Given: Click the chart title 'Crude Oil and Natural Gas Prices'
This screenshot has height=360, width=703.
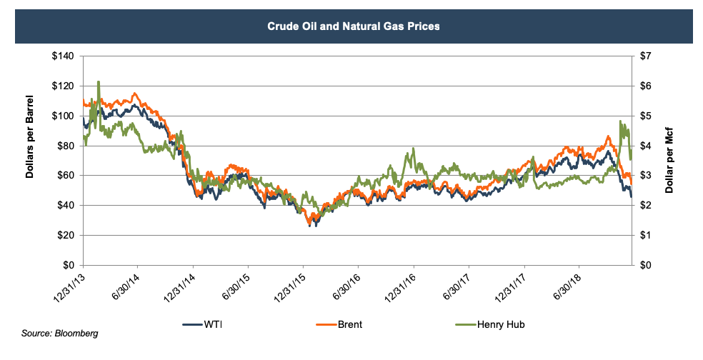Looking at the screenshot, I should click(351, 26).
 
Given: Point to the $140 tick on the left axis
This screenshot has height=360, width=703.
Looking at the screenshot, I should click(65, 56).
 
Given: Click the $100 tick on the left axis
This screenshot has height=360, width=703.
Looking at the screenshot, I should click(65, 116).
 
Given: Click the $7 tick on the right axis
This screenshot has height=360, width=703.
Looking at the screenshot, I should click(647, 56).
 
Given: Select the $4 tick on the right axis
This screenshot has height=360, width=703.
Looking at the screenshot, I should click(647, 146).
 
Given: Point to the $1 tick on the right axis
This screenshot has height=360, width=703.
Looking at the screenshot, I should click(647, 235).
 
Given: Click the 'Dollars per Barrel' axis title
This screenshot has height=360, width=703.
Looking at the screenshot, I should click(32, 160).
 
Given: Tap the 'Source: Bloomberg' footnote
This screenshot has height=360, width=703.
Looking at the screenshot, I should click(59, 334).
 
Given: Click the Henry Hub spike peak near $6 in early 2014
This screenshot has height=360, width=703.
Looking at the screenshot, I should click(98, 82).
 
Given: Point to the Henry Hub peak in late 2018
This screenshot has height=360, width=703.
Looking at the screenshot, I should click(620, 121).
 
